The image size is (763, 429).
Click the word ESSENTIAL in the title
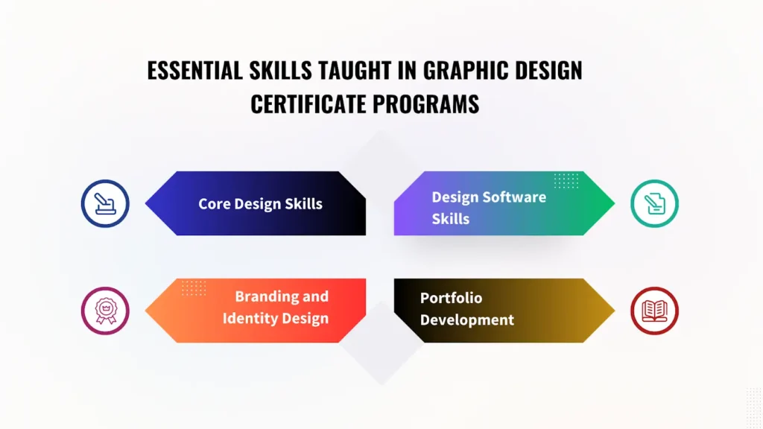tap(194, 71)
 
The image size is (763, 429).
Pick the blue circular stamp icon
tap(105, 203)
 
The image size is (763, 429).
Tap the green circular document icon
tap(654, 203)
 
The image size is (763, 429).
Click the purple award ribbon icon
tap(105, 311)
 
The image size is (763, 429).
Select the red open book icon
tap(654, 311)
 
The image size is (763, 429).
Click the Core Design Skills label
tap(260, 204)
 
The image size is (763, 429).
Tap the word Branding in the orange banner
tap(265, 296)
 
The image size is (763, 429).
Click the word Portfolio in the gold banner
tap(451, 298)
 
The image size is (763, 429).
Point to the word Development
tap(467, 320)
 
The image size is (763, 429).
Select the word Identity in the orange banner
tap(251, 319)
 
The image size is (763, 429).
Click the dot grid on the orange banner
tap(194, 287)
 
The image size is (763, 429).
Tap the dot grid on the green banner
tap(566, 180)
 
